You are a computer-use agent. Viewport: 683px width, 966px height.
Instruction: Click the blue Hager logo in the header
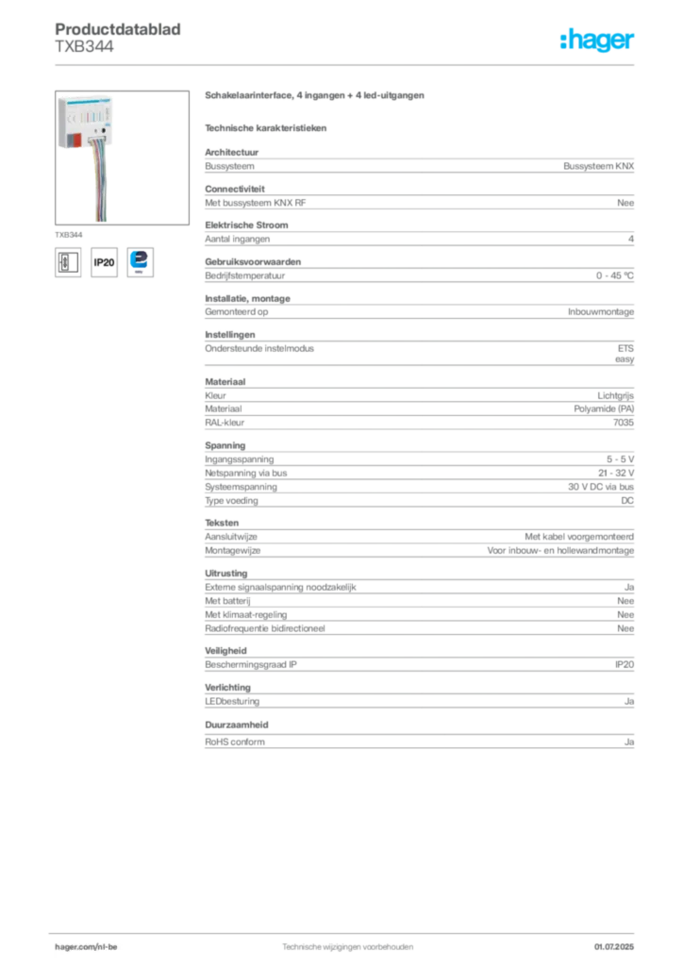598,42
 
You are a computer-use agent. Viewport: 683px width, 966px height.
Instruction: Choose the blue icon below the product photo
142,260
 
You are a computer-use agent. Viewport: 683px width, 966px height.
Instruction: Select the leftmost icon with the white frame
66,261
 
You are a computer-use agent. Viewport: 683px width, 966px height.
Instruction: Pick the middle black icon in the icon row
104,262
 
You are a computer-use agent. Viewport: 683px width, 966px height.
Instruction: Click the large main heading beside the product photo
317,97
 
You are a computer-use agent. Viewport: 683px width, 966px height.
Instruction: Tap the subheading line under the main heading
267,127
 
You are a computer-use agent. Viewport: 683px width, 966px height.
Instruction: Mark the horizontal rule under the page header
346,64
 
